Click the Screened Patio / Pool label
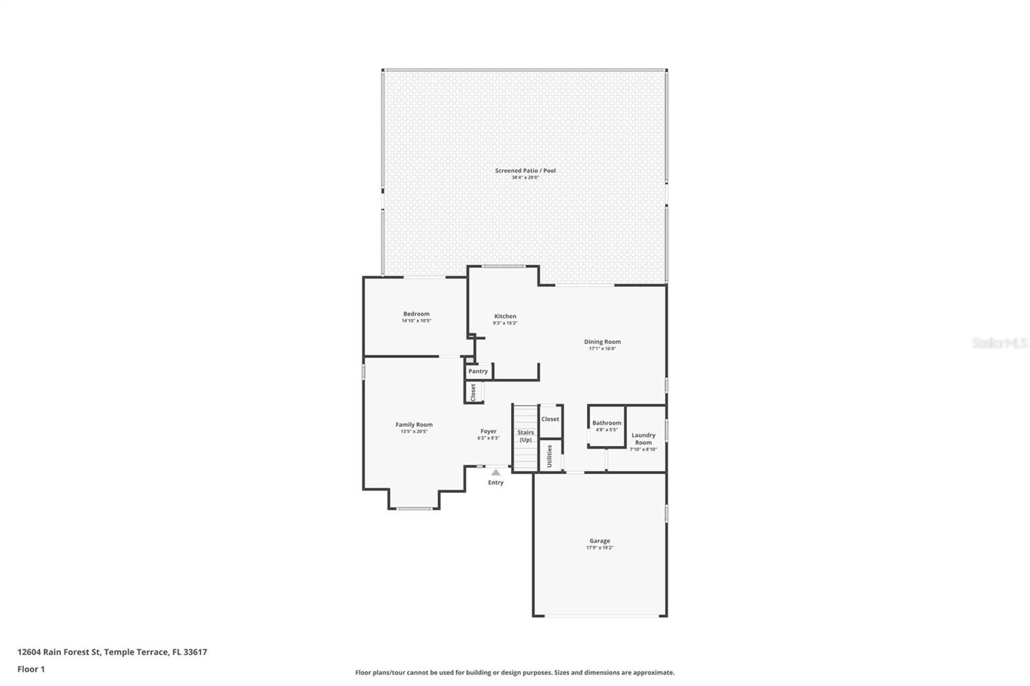point(525,171)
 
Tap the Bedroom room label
point(416,314)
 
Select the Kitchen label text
point(505,316)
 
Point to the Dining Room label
point(602,342)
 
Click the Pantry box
point(478,371)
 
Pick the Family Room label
point(414,425)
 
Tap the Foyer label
point(488,431)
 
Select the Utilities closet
point(550,456)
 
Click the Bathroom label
point(606,423)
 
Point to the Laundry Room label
point(643,438)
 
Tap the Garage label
point(599,541)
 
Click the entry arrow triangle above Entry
point(496,472)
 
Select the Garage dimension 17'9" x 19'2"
point(599,548)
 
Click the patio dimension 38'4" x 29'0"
point(525,178)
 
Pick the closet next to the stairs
point(550,419)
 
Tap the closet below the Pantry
point(473,392)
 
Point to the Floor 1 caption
point(31,669)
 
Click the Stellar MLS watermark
point(999,344)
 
